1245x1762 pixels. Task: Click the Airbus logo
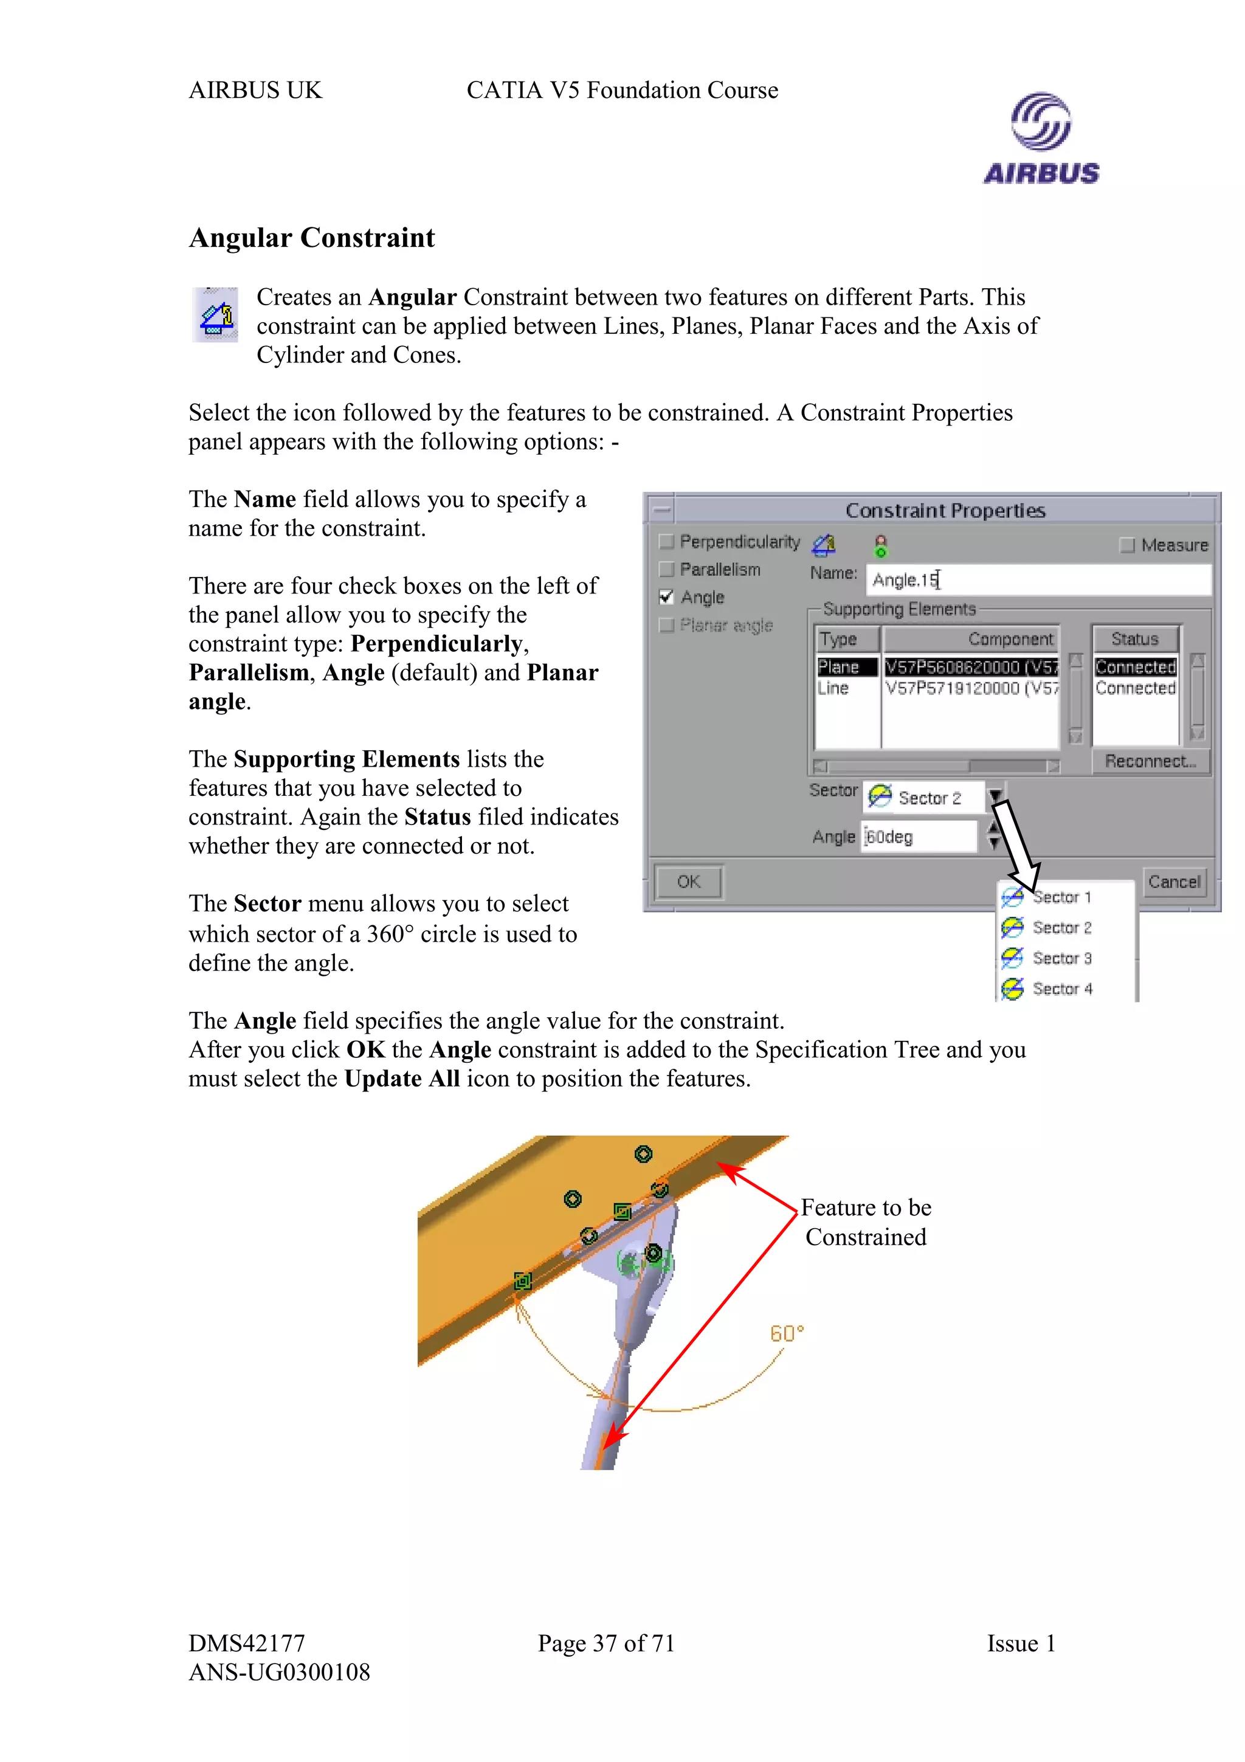point(1041,139)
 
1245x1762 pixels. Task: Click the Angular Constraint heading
point(311,238)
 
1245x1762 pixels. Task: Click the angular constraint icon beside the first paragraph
point(215,315)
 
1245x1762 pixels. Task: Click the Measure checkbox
point(1127,545)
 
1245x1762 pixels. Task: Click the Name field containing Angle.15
point(1037,579)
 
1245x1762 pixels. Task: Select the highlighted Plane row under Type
point(846,667)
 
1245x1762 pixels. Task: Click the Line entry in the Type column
point(834,688)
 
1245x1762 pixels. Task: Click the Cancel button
point(1174,882)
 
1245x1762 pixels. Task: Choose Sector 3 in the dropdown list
point(1061,958)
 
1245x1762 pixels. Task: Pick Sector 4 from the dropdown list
point(1061,989)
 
